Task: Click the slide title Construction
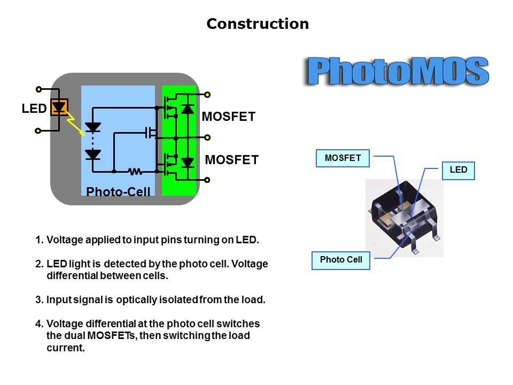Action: [x=258, y=24]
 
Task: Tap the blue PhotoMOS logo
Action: [x=398, y=71]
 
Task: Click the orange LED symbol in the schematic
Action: [x=59, y=107]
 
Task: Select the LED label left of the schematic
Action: [x=34, y=109]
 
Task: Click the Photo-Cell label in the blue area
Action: [x=118, y=191]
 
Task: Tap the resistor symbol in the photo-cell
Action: [x=135, y=172]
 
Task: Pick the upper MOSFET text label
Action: [x=229, y=117]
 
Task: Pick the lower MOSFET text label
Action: [x=232, y=159]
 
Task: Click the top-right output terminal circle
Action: [x=207, y=94]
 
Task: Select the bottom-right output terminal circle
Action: [x=207, y=180]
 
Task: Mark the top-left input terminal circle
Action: [x=38, y=89]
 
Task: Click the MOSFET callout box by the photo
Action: [x=343, y=158]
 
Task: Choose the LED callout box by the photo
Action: [x=458, y=170]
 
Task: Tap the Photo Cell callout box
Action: [x=341, y=260]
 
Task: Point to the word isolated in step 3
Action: [x=178, y=300]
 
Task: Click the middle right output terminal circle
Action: [x=207, y=136]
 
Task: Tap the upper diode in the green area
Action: [x=187, y=109]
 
